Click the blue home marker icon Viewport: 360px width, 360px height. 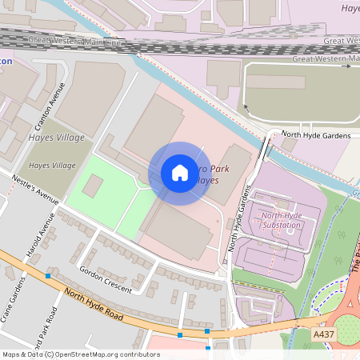[179, 173]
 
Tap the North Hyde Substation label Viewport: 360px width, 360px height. [281, 220]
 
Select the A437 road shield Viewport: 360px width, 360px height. [324, 334]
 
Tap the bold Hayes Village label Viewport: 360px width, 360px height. [57, 138]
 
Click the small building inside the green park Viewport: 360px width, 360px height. [93, 186]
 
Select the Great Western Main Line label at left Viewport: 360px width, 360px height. [75, 39]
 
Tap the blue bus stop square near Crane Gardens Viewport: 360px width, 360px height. [48, 275]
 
